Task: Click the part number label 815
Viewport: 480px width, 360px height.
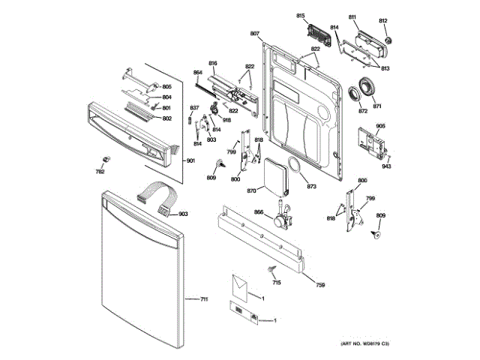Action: [x=301, y=16]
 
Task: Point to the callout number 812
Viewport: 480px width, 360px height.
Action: [x=383, y=20]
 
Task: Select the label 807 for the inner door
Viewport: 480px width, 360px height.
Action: [x=254, y=34]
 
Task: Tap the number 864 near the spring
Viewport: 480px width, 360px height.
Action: [x=198, y=73]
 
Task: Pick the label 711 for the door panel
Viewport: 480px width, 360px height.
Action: [x=203, y=299]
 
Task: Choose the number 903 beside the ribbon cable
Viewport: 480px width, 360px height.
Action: [x=183, y=214]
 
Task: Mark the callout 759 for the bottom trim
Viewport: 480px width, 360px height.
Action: [x=319, y=285]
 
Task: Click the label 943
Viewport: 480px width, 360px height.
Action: [x=385, y=166]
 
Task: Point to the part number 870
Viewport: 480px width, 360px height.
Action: [x=251, y=191]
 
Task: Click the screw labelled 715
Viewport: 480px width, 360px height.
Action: [x=268, y=268]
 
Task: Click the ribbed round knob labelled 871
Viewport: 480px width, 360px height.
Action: [x=367, y=87]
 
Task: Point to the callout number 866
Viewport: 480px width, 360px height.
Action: [x=259, y=214]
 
